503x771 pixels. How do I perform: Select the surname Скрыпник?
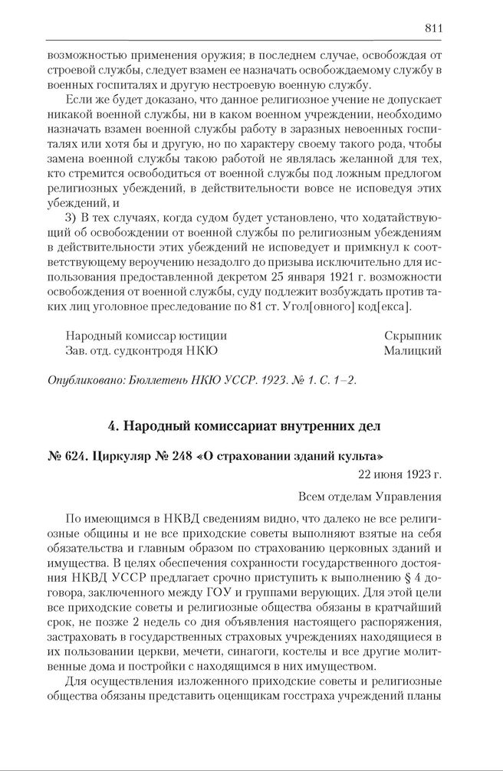[413, 336]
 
